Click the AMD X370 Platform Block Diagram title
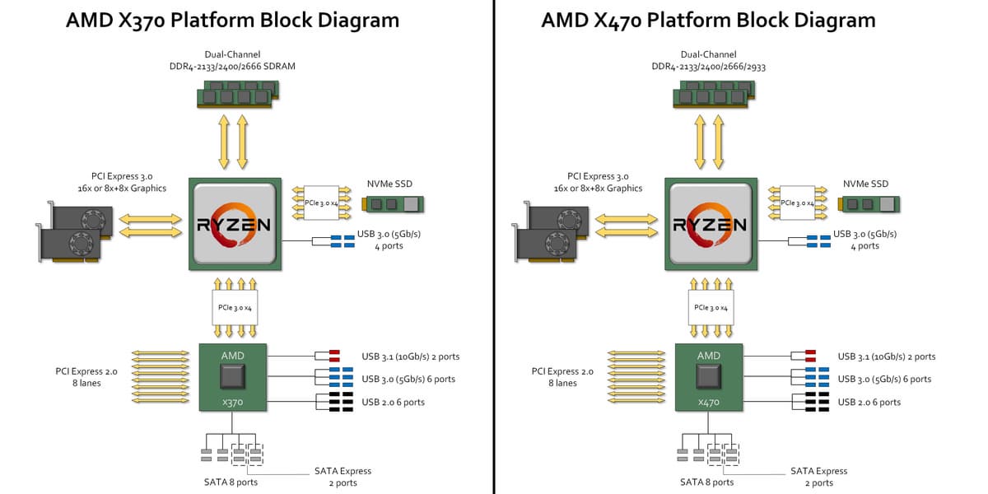coord(233,20)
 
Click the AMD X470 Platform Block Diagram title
coord(708,20)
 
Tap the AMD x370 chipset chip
coord(233,377)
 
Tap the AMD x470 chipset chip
coord(708,377)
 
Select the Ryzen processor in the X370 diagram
coord(233,223)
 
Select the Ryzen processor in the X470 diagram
coord(709,223)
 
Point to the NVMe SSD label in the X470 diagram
coord(866,184)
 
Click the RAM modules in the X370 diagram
coord(235,97)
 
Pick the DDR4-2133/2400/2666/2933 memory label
coord(708,67)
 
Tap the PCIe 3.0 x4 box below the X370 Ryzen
coord(235,307)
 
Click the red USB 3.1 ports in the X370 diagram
coord(334,357)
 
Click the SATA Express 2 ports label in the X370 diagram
coord(343,477)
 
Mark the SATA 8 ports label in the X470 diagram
coord(706,482)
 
